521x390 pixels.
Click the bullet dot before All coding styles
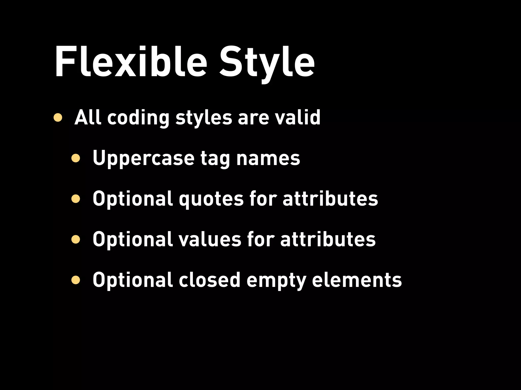click(58, 118)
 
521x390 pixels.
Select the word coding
click(138, 118)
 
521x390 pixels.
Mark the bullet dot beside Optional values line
click(76, 239)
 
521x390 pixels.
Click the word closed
click(209, 280)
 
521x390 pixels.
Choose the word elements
click(357, 280)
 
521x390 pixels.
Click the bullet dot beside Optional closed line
click(76, 280)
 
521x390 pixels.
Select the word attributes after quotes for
click(330, 199)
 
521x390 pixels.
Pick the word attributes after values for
click(328, 239)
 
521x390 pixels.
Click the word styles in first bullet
click(204, 118)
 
